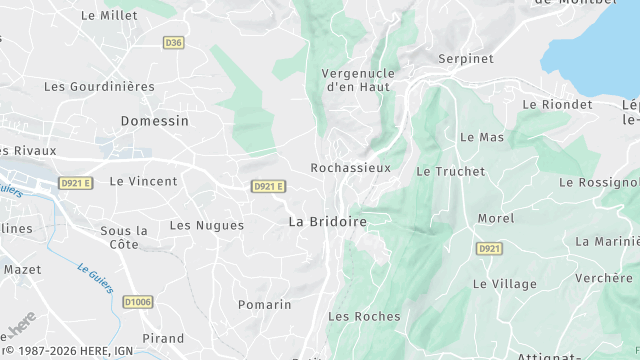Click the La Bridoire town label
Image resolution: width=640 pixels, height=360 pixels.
[327, 221]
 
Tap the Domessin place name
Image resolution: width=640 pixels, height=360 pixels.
[154, 120]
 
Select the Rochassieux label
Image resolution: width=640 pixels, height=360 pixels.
[350, 168]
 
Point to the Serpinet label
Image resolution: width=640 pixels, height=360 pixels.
[466, 59]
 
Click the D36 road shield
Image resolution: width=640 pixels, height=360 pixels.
[174, 42]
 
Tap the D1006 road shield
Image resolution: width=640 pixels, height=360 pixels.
[138, 301]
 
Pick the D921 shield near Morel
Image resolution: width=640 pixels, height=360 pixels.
[489, 248]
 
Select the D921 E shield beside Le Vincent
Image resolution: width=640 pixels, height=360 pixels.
[75, 183]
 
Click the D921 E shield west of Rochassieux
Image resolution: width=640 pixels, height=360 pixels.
[268, 186]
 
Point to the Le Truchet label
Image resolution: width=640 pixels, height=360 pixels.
[450, 171]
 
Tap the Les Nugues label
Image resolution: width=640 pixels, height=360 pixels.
[206, 225]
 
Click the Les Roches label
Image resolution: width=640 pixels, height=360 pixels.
[364, 316]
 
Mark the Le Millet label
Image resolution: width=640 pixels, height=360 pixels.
[109, 15]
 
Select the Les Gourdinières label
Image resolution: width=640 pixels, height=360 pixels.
[99, 86]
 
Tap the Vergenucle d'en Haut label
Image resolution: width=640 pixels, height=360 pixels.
[359, 80]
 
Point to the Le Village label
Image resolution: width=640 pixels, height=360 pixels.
[505, 283]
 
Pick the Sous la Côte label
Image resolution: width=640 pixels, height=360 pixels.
[124, 237]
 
